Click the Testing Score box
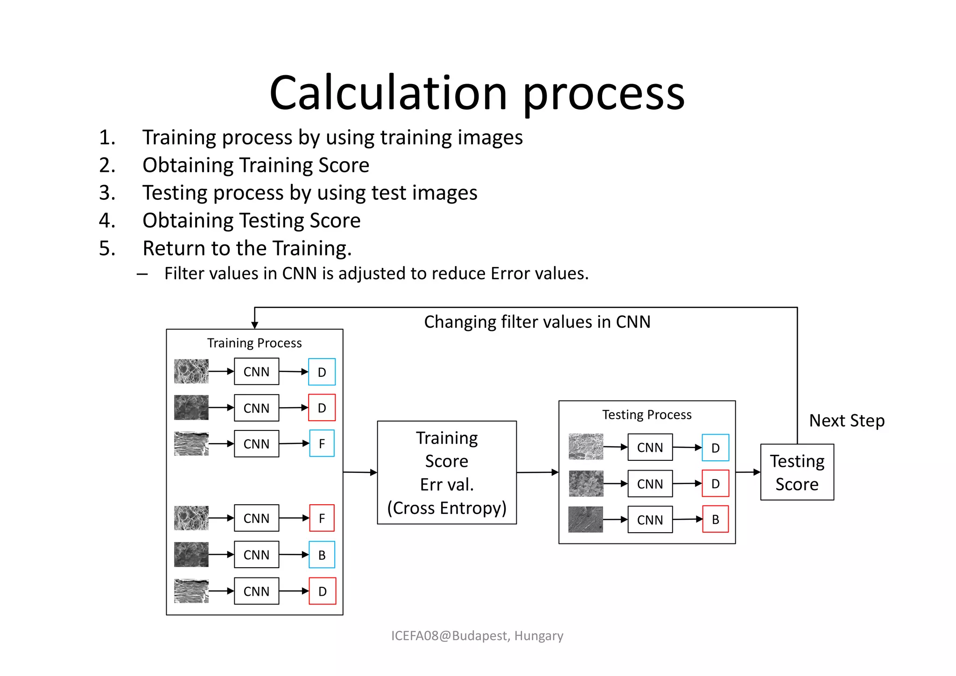[x=797, y=472]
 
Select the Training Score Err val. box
[x=447, y=472]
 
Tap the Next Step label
[x=847, y=421]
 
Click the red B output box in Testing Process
[x=715, y=519]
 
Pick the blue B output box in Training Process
[x=322, y=555]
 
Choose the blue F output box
[x=322, y=444]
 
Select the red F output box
[x=322, y=518]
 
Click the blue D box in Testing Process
[x=715, y=448]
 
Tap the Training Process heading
[x=254, y=343]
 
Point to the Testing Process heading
[x=647, y=415]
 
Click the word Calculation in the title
[x=388, y=93]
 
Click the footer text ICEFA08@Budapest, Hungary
[x=477, y=636]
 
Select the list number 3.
[x=107, y=193]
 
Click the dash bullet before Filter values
[x=142, y=274]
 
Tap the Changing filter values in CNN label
[x=537, y=322]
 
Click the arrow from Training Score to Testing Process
[x=537, y=472]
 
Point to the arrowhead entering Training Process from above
[x=254, y=325]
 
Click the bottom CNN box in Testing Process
[x=650, y=520]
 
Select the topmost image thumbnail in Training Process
[x=191, y=372]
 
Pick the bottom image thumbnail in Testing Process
[x=585, y=520]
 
